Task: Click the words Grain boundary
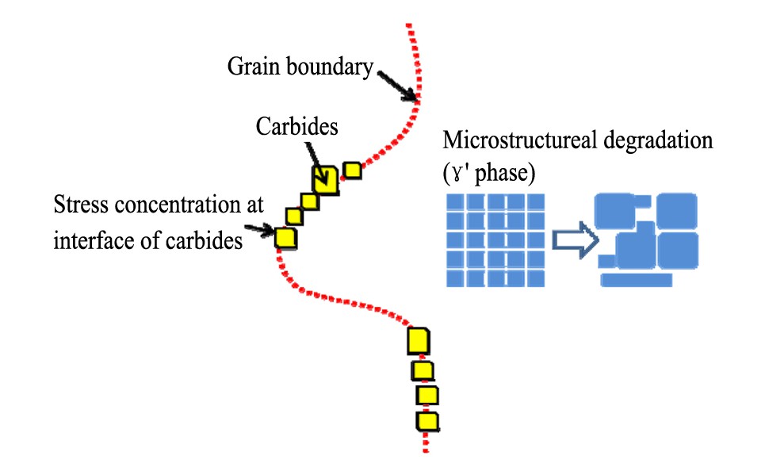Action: click(300, 67)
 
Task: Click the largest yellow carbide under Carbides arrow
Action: click(323, 180)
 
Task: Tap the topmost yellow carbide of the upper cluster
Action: click(352, 170)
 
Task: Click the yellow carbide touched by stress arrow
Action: click(285, 237)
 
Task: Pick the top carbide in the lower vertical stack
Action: click(418, 341)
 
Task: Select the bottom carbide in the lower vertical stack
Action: click(427, 420)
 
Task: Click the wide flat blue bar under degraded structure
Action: click(637, 279)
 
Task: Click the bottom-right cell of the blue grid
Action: click(537, 278)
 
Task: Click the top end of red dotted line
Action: click(407, 26)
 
